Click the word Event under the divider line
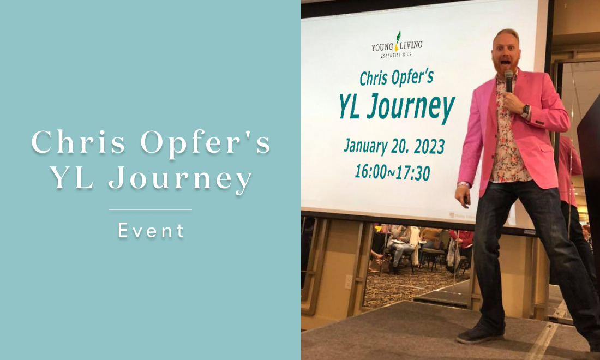pos(151,231)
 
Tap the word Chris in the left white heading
pos(79,142)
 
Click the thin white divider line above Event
pos(151,209)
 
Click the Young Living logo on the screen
pos(397,45)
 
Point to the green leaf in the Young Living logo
pos(398,37)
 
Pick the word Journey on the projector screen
pos(411,107)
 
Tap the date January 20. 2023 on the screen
pos(394,147)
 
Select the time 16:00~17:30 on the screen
pos(393,172)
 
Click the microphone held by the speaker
pos(508,81)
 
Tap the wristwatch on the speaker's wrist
pos(526,111)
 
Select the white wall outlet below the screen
pos(348,282)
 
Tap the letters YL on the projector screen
pos(349,106)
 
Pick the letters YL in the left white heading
pos(73,177)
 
